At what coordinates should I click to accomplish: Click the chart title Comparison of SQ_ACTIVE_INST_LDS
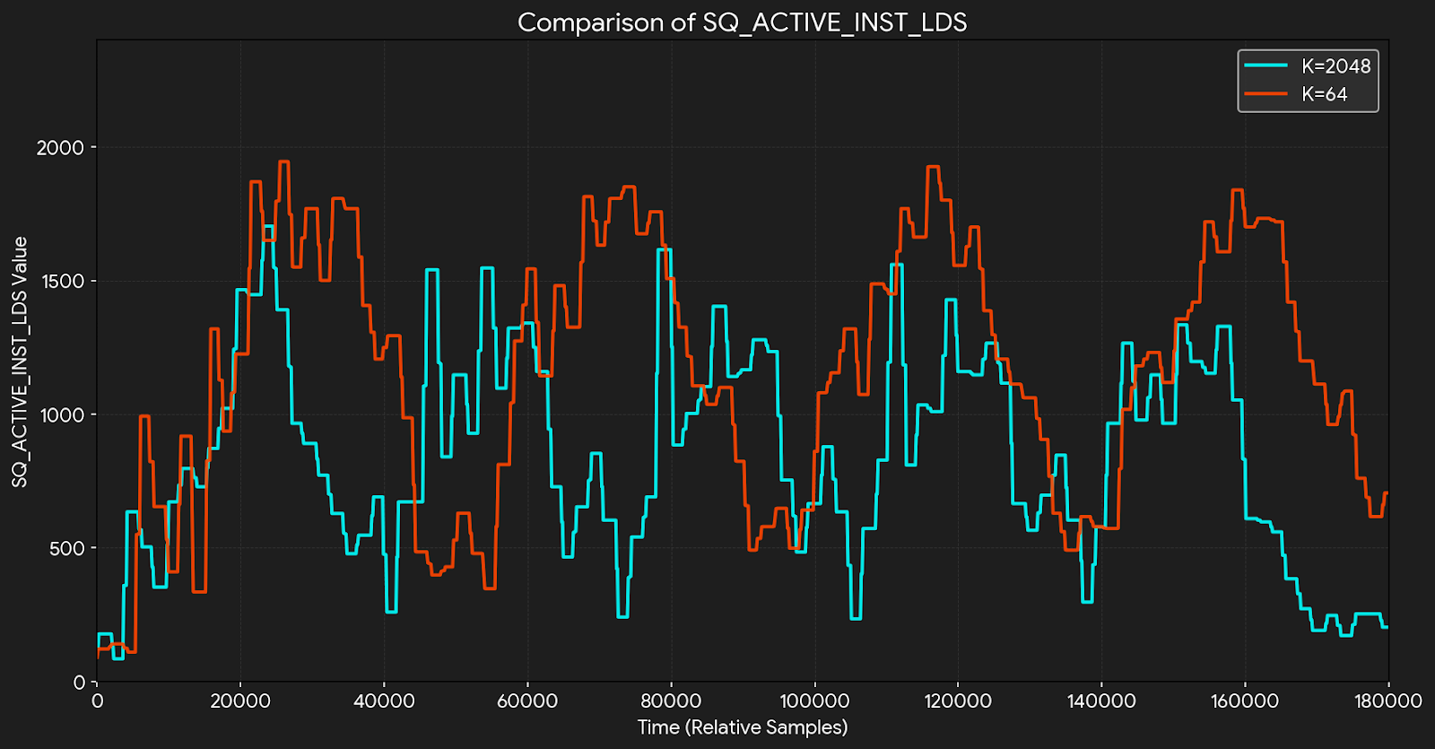[742, 22]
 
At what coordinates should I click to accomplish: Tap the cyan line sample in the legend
[1265, 66]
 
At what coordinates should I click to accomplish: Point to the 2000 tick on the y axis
[60, 148]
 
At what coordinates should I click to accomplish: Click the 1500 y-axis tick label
[61, 282]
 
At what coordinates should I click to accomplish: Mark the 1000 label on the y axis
[61, 415]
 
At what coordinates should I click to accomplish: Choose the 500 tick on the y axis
[66, 549]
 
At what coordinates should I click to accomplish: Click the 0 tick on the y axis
[79, 683]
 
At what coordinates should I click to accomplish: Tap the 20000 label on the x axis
[240, 701]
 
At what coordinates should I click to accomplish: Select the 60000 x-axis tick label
[527, 701]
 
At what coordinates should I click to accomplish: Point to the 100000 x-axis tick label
[814, 701]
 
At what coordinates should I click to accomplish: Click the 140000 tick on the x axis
[1101, 701]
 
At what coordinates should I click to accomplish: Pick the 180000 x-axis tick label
[1387, 701]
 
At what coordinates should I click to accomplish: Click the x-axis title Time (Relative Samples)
[742, 727]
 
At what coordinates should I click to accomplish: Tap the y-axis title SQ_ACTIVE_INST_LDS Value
[20, 361]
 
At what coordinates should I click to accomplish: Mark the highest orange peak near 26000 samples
[283, 162]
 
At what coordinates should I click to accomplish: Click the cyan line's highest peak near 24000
[267, 227]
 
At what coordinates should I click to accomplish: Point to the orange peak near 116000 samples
[932, 167]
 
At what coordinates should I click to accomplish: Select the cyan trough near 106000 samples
[856, 618]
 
